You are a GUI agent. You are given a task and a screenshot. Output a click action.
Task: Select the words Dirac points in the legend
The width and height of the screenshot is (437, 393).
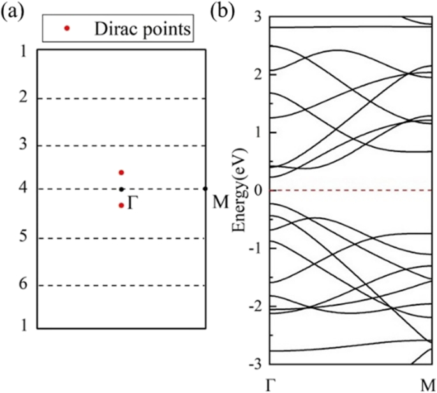click(142, 28)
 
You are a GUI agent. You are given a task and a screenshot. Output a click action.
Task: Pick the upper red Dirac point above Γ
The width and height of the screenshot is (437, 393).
click(121, 173)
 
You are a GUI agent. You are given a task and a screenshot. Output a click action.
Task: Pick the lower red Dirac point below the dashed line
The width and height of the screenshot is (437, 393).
click(121, 205)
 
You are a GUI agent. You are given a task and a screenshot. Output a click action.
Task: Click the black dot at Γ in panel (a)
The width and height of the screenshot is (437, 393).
click(121, 189)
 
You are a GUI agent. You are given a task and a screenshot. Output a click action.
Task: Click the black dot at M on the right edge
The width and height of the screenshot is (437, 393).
click(205, 189)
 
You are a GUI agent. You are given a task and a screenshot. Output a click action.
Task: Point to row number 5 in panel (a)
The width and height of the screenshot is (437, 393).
click(24, 239)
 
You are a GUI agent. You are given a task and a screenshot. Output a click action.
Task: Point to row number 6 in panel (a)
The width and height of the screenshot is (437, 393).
click(24, 286)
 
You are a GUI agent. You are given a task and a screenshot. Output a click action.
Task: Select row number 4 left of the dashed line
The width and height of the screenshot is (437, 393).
click(24, 189)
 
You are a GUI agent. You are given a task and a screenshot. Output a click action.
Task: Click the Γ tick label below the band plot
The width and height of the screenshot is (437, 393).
click(272, 383)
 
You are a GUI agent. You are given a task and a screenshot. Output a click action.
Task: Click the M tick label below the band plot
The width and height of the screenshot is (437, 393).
click(426, 383)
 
